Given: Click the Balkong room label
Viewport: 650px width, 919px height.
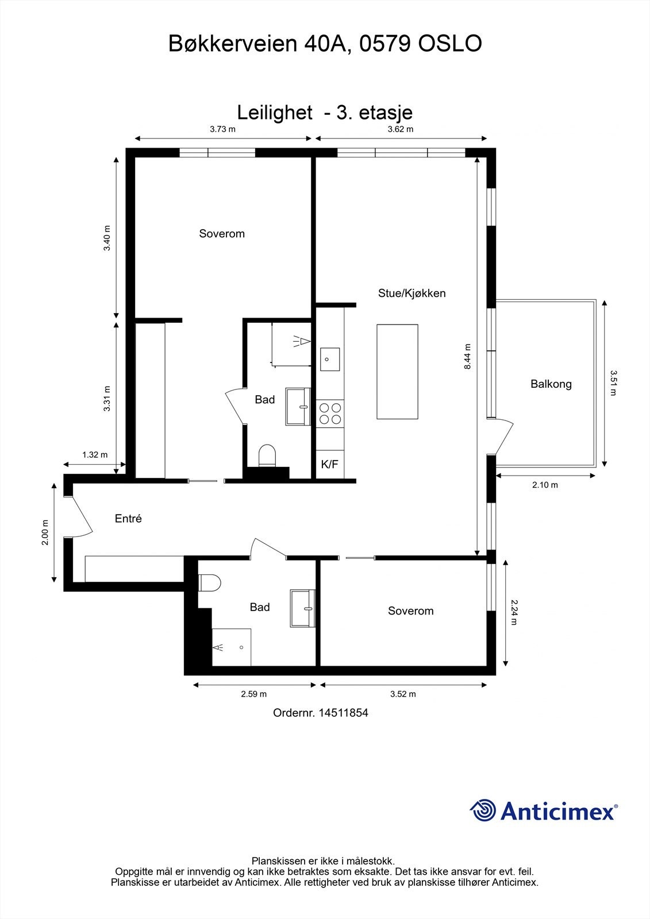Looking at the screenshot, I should click(x=551, y=384).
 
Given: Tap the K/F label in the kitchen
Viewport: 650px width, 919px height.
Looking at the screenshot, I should click(x=329, y=464).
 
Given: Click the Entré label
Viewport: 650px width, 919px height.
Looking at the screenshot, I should click(x=128, y=519).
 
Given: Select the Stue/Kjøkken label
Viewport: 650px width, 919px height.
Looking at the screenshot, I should click(x=411, y=294).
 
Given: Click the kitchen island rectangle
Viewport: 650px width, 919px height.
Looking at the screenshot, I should click(x=397, y=372).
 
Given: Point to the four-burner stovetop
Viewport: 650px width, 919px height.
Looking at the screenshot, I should click(x=330, y=414).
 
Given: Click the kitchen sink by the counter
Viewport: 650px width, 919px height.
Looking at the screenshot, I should click(x=330, y=360).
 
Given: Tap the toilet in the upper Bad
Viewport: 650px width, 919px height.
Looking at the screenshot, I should click(x=267, y=456).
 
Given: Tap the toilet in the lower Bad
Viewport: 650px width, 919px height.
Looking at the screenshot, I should click(x=210, y=583).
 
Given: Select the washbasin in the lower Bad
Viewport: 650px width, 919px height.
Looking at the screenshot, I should click(x=303, y=608).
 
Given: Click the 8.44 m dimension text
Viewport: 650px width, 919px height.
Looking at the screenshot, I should click(x=468, y=356).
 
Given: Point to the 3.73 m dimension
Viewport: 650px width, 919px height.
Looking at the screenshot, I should click(x=222, y=129).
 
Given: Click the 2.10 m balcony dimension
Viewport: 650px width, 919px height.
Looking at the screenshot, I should click(x=545, y=485).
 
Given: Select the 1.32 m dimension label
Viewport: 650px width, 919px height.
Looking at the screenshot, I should click(x=95, y=455).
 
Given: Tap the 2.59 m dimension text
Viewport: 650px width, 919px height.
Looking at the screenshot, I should click(x=253, y=694).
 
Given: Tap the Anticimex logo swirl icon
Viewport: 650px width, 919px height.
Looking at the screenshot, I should click(x=483, y=811).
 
